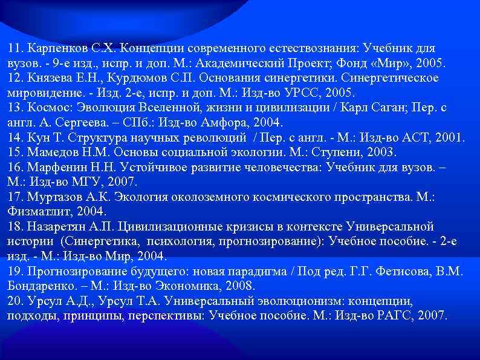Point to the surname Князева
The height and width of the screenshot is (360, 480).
pos(47,78)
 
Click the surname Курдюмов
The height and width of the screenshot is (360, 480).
pos(131,78)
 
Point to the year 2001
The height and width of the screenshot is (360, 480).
pos(449,138)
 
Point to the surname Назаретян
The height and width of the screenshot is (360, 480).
pos(54,227)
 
